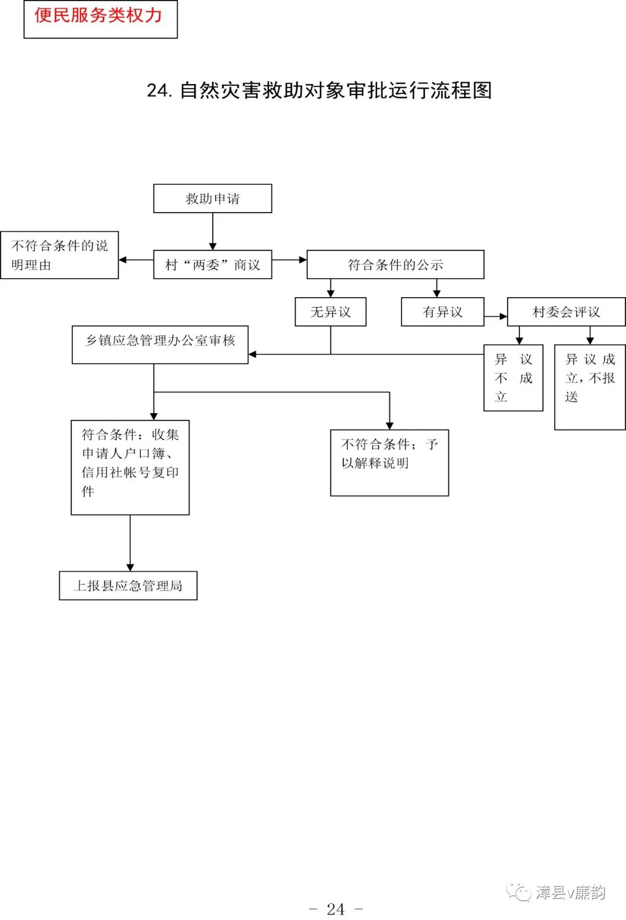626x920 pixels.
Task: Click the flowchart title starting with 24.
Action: click(319, 91)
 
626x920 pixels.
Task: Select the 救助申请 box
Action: click(212, 199)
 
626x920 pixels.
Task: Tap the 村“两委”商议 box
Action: click(212, 265)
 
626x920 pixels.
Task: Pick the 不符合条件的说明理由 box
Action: click(59, 255)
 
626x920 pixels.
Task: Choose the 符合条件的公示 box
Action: click(395, 265)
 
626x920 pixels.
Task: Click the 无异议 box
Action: click(330, 312)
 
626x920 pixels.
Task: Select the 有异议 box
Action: click(442, 312)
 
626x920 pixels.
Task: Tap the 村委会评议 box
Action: click(566, 312)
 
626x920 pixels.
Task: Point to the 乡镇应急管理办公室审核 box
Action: click(160, 345)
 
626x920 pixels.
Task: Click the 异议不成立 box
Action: click(513, 378)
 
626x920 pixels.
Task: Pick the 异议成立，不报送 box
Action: click(589, 386)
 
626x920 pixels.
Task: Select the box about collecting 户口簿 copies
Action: click(130, 467)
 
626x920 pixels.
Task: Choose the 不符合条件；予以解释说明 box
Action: click(389, 462)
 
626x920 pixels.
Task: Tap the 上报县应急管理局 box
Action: click(128, 585)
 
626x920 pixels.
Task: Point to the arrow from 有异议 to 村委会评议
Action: click(496, 316)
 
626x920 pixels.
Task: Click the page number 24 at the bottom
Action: click(336, 908)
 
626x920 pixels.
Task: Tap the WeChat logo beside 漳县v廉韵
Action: click(518, 892)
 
